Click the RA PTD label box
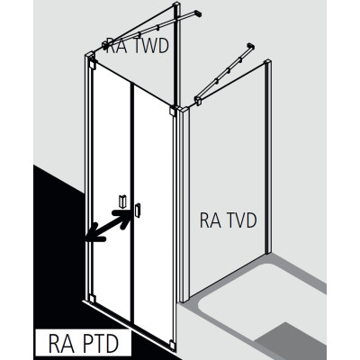(x=84, y=342)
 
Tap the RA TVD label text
(x=229, y=220)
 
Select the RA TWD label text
(x=138, y=46)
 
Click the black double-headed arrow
(x=108, y=225)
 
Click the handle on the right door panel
(x=138, y=210)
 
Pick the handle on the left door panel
(x=122, y=202)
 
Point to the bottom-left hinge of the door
(x=92, y=299)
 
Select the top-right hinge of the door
(x=172, y=111)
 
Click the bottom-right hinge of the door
(x=172, y=344)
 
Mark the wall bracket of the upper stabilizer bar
(x=198, y=13)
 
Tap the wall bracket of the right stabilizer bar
(x=251, y=47)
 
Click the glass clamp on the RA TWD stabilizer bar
(x=105, y=46)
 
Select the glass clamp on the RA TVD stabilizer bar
(x=198, y=101)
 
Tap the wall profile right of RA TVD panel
(x=268, y=157)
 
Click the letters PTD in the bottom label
(x=101, y=343)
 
